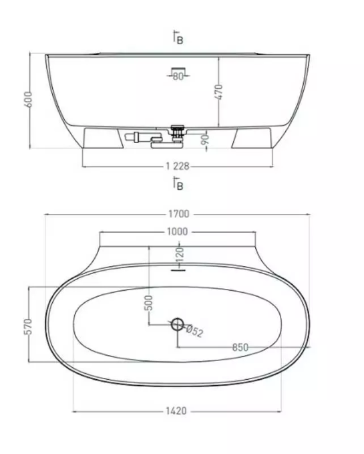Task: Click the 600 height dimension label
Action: (x=29, y=99)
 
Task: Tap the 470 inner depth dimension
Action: (x=219, y=92)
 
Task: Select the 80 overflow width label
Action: (x=178, y=76)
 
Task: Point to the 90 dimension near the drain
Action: (x=204, y=140)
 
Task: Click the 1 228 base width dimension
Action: (x=178, y=166)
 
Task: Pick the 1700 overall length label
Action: (x=179, y=214)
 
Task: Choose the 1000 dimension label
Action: (x=177, y=231)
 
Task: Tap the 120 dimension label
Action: (x=180, y=255)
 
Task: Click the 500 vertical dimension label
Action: (x=148, y=303)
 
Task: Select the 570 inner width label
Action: (x=28, y=326)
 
